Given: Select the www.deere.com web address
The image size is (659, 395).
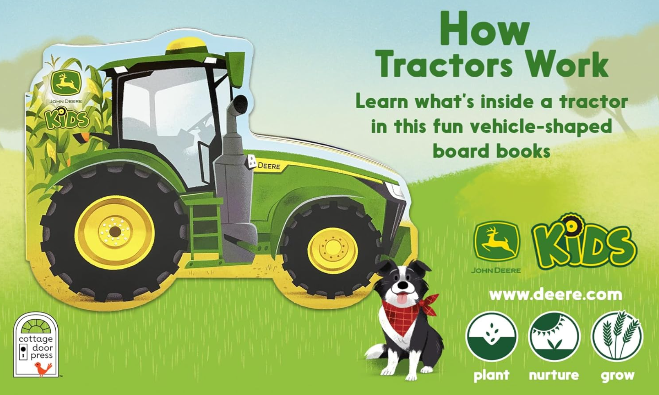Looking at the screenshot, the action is click(x=555, y=295).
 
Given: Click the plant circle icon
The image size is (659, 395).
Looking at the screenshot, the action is click(x=492, y=336).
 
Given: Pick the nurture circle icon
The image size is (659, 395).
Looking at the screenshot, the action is click(x=554, y=336).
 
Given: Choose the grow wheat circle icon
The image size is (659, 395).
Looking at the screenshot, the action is click(x=617, y=336).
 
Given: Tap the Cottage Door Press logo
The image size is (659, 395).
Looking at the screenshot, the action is click(x=36, y=345).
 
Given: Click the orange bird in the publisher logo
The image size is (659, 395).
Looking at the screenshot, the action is click(x=43, y=368).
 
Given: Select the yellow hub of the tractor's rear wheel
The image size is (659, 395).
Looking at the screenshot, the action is click(x=115, y=232).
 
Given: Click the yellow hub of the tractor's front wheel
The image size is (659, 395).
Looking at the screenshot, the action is click(x=333, y=250).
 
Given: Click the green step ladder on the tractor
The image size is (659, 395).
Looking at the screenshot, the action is click(x=204, y=230).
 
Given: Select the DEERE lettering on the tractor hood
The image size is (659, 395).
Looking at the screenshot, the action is click(x=269, y=166).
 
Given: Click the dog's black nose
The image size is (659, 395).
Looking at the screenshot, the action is click(x=402, y=285).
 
